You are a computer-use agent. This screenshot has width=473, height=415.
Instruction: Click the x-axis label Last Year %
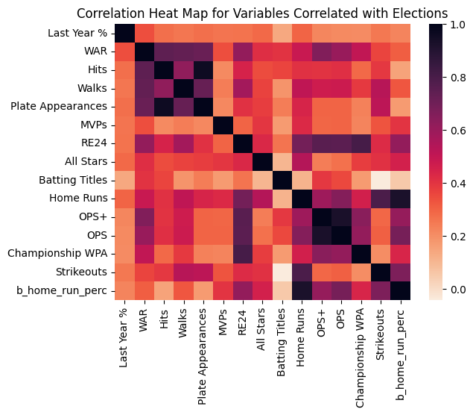coord(124,336)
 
